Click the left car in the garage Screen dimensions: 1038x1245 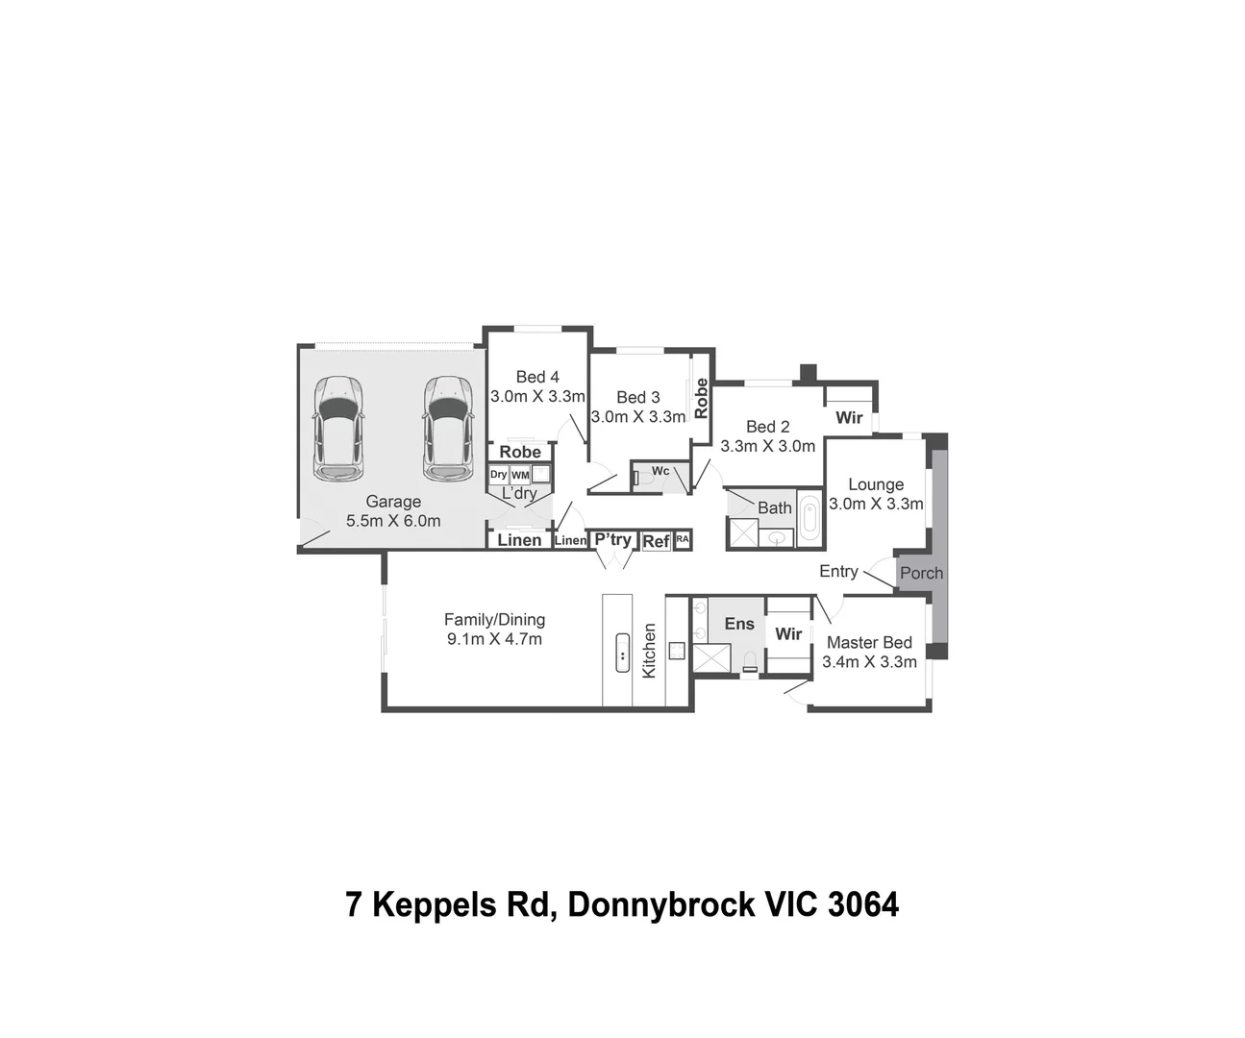tap(338, 429)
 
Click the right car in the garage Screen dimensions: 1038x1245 tap(448, 429)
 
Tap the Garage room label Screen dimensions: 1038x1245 tap(393, 502)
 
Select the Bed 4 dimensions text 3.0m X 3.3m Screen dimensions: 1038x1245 tap(537, 396)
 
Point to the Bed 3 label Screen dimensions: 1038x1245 tap(638, 397)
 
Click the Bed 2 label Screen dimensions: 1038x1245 tap(767, 427)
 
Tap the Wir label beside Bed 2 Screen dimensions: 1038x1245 tap(849, 418)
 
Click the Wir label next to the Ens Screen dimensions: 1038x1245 tap(788, 634)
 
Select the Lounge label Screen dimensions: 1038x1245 tap(875, 484)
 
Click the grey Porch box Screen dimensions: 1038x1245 tap(921, 573)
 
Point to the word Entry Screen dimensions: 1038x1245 tap(838, 571)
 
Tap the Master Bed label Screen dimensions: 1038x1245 tap(869, 642)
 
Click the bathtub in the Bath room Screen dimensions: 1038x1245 tap(809, 520)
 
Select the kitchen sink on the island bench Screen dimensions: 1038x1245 tap(622, 654)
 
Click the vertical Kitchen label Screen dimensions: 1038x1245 tap(649, 651)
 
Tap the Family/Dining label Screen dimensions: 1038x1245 tap(494, 620)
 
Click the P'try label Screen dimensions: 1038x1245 tap(612, 539)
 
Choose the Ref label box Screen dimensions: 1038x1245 tap(656, 541)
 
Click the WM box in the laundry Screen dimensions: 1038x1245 tap(520, 475)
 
